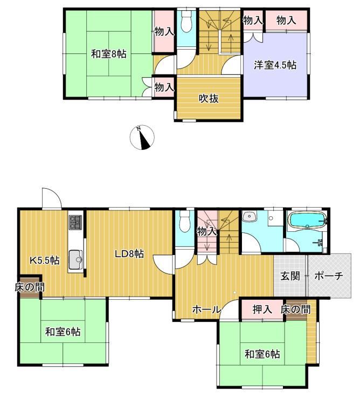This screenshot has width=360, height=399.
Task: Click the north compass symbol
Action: (142, 137)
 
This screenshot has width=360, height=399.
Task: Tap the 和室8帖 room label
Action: (109, 54)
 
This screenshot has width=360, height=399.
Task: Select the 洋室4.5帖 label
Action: (275, 65)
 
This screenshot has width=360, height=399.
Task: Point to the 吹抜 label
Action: (209, 99)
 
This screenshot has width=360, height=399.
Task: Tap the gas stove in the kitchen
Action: (75, 222)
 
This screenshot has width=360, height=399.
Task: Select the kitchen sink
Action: (75, 259)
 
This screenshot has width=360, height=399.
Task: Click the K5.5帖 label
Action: (45, 260)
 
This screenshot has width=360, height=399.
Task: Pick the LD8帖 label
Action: (129, 254)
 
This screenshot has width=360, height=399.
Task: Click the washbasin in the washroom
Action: (250, 217)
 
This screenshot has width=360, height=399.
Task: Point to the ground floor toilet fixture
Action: (185, 222)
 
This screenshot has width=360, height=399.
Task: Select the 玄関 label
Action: (290, 276)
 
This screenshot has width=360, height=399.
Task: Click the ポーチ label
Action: (329, 276)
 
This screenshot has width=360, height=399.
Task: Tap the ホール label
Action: (206, 309)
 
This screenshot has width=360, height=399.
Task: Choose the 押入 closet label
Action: (262, 309)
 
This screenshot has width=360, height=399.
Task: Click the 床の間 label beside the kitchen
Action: (30, 287)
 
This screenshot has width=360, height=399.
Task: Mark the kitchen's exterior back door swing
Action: (52, 198)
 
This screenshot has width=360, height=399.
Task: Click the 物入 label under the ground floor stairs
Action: (207, 231)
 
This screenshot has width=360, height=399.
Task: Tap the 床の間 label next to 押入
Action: (296, 309)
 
